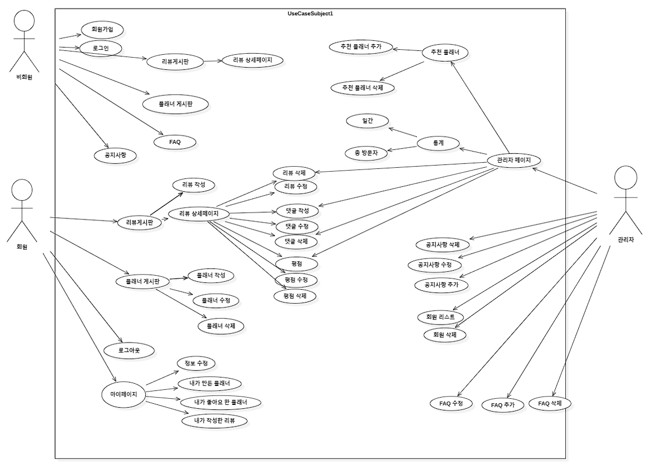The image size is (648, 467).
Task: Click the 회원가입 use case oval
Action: tap(102, 30)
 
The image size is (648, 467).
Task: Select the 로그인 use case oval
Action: tap(101, 49)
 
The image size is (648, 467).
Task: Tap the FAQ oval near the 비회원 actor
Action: tap(175, 142)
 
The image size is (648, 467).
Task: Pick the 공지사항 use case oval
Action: tap(115, 155)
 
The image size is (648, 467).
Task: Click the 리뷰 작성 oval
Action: tap(194, 185)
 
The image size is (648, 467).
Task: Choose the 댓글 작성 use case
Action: tap(297, 211)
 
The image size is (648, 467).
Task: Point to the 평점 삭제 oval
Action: tap(295, 296)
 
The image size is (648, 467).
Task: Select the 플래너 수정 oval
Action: tap(216, 300)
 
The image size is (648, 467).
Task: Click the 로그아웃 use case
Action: tap(129, 351)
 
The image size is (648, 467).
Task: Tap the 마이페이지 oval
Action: tap(123, 394)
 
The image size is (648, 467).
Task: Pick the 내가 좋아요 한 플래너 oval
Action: tap(221, 402)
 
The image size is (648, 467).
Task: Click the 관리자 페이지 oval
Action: tap(514, 160)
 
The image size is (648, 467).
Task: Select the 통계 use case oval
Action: tap(438, 143)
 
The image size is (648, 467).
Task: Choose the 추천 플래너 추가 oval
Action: tap(361, 46)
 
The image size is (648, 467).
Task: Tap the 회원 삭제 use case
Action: tap(445, 334)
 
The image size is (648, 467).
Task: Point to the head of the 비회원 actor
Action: tap(24, 21)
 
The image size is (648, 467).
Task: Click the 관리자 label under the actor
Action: tap(626, 239)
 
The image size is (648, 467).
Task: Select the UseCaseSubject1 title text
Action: tap(311, 13)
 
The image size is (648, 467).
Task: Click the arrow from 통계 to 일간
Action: tap(403, 132)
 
